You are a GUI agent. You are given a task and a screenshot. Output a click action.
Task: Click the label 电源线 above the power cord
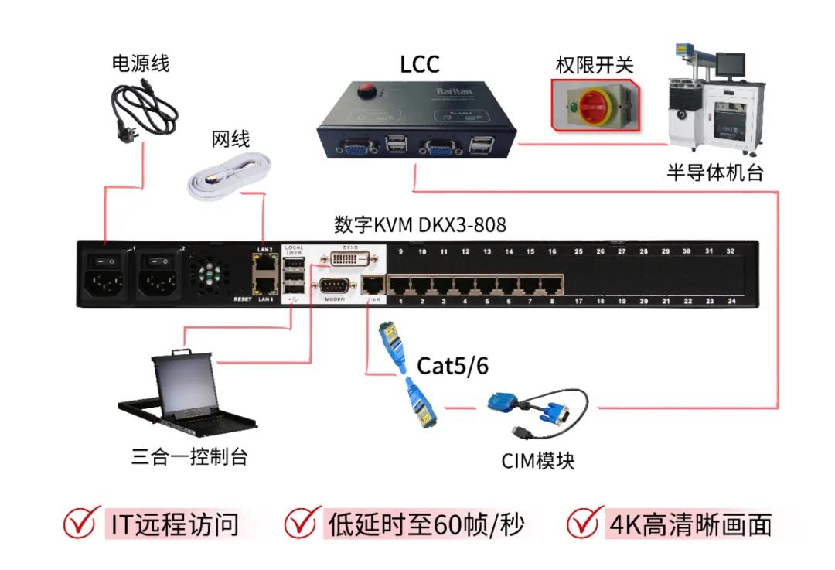pos(140,63)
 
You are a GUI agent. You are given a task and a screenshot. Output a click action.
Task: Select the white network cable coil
pos(230,176)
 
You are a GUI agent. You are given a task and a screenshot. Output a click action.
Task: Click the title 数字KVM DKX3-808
pos(420,225)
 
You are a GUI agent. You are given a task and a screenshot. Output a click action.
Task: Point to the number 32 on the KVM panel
pos(730,252)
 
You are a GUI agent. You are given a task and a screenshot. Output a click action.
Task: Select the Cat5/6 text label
pos(453,366)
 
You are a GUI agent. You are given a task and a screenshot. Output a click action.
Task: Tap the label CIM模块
pos(538,462)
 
